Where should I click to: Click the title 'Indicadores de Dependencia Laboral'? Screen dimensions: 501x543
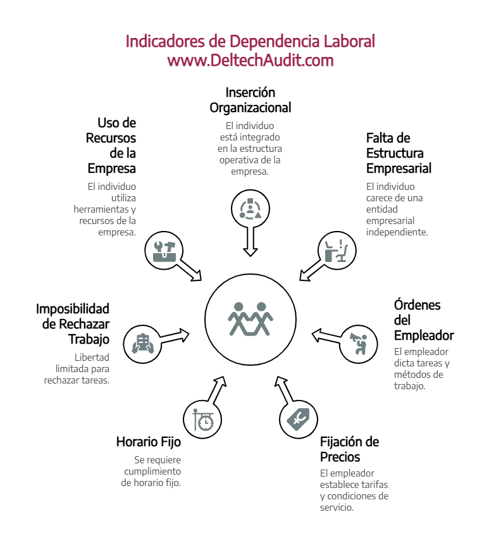(250, 42)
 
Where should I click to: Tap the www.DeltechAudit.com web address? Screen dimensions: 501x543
(250, 61)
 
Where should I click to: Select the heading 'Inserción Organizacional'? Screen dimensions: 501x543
(250, 100)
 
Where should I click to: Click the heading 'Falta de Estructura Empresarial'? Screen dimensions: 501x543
(399, 153)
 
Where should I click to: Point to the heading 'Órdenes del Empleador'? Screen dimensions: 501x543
(423, 320)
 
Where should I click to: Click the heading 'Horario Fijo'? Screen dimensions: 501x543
(148, 442)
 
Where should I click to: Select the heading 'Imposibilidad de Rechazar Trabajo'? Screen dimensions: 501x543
(73, 324)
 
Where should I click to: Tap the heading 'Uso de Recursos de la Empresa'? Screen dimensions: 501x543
(112, 146)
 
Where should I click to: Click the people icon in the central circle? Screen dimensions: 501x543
(250, 318)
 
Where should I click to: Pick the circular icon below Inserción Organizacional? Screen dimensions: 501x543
(250, 209)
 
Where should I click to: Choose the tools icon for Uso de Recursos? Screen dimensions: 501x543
(164, 249)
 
